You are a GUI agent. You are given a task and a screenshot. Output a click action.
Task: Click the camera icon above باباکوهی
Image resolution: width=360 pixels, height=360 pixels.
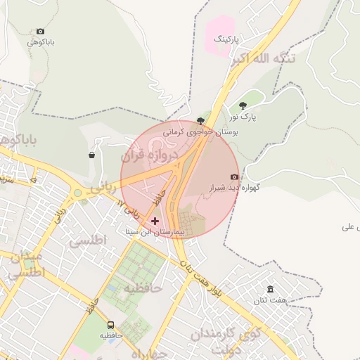[x=40, y=31]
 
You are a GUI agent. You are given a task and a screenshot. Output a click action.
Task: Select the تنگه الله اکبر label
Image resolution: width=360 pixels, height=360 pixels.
[x=264, y=60]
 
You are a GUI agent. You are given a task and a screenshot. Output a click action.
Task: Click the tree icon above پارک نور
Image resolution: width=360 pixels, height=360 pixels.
[x=243, y=105]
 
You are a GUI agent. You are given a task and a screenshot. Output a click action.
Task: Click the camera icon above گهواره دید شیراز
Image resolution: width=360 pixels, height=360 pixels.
[x=234, y=176]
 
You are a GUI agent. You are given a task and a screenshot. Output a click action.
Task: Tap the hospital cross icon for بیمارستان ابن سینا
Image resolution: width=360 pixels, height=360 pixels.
[x=155, y=220]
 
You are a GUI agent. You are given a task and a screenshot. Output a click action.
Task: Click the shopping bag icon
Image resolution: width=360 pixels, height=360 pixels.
[x=92, y=155]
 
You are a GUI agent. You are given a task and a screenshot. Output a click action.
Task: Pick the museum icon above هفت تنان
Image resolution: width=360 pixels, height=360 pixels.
[x=271, y=290]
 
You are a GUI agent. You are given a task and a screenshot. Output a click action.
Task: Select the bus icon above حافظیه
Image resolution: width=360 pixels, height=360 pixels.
[x=110, y=325]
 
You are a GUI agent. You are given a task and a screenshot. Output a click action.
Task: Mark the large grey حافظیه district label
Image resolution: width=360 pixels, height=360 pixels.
[x=143, y=288]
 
